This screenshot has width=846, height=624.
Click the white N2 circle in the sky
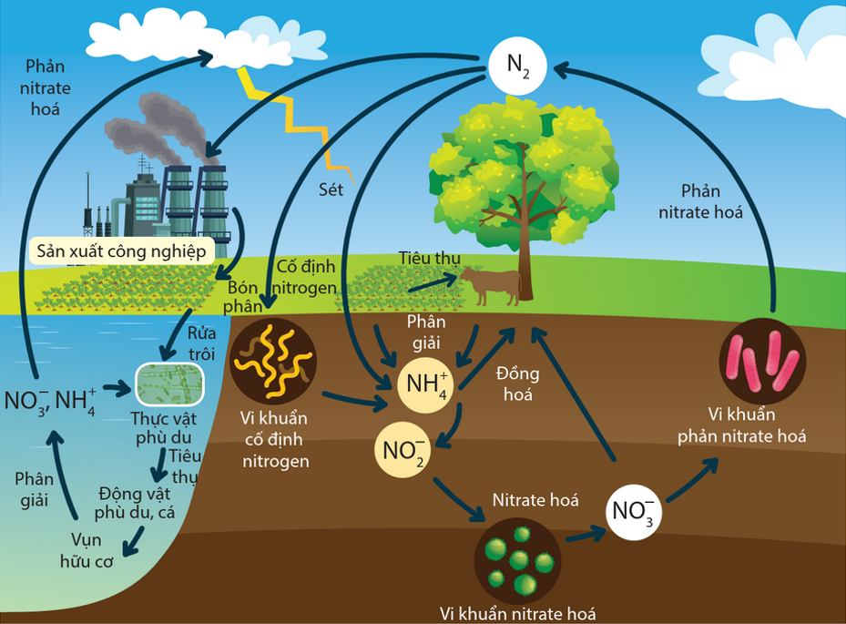tap(517, 66)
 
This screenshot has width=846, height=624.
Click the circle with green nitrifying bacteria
tap(516, 557)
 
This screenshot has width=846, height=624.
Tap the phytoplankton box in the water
tap(169, 384)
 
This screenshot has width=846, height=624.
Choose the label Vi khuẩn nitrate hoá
tap(517, 612)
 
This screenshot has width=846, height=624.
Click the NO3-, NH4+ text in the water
tap(51, 399)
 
